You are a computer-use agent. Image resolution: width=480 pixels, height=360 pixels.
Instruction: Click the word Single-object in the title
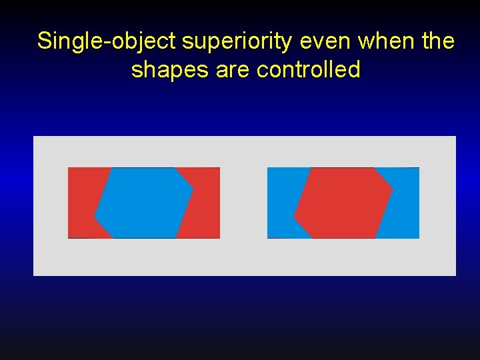107,41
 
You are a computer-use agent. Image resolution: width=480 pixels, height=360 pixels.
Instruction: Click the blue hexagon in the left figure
144,203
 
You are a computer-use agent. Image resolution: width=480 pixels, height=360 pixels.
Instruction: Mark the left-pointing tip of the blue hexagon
95,216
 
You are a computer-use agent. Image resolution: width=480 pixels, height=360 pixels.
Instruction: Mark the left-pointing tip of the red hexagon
295,216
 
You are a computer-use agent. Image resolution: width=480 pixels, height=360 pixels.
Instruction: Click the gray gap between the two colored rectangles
243,203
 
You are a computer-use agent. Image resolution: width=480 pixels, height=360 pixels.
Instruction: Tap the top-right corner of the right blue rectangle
418,169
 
